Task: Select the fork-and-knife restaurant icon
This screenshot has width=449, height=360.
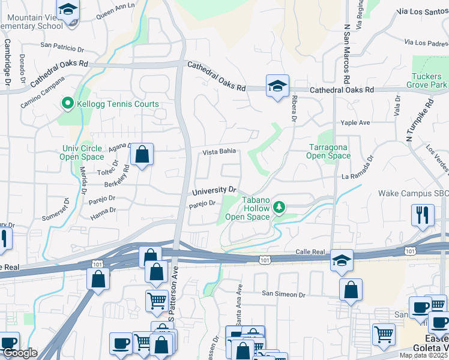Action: [x=423, y=215]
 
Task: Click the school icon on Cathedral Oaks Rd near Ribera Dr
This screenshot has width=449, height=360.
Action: [x=277, y=86]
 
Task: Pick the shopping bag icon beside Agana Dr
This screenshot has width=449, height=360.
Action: [x=142, y=155]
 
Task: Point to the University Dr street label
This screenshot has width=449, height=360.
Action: [x=215, y=191]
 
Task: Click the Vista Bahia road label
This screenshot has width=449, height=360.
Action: [x=218, y=152]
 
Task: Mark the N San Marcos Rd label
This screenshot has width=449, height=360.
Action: [x=347, y=54]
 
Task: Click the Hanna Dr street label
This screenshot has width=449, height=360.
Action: [x=104, y=211]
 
